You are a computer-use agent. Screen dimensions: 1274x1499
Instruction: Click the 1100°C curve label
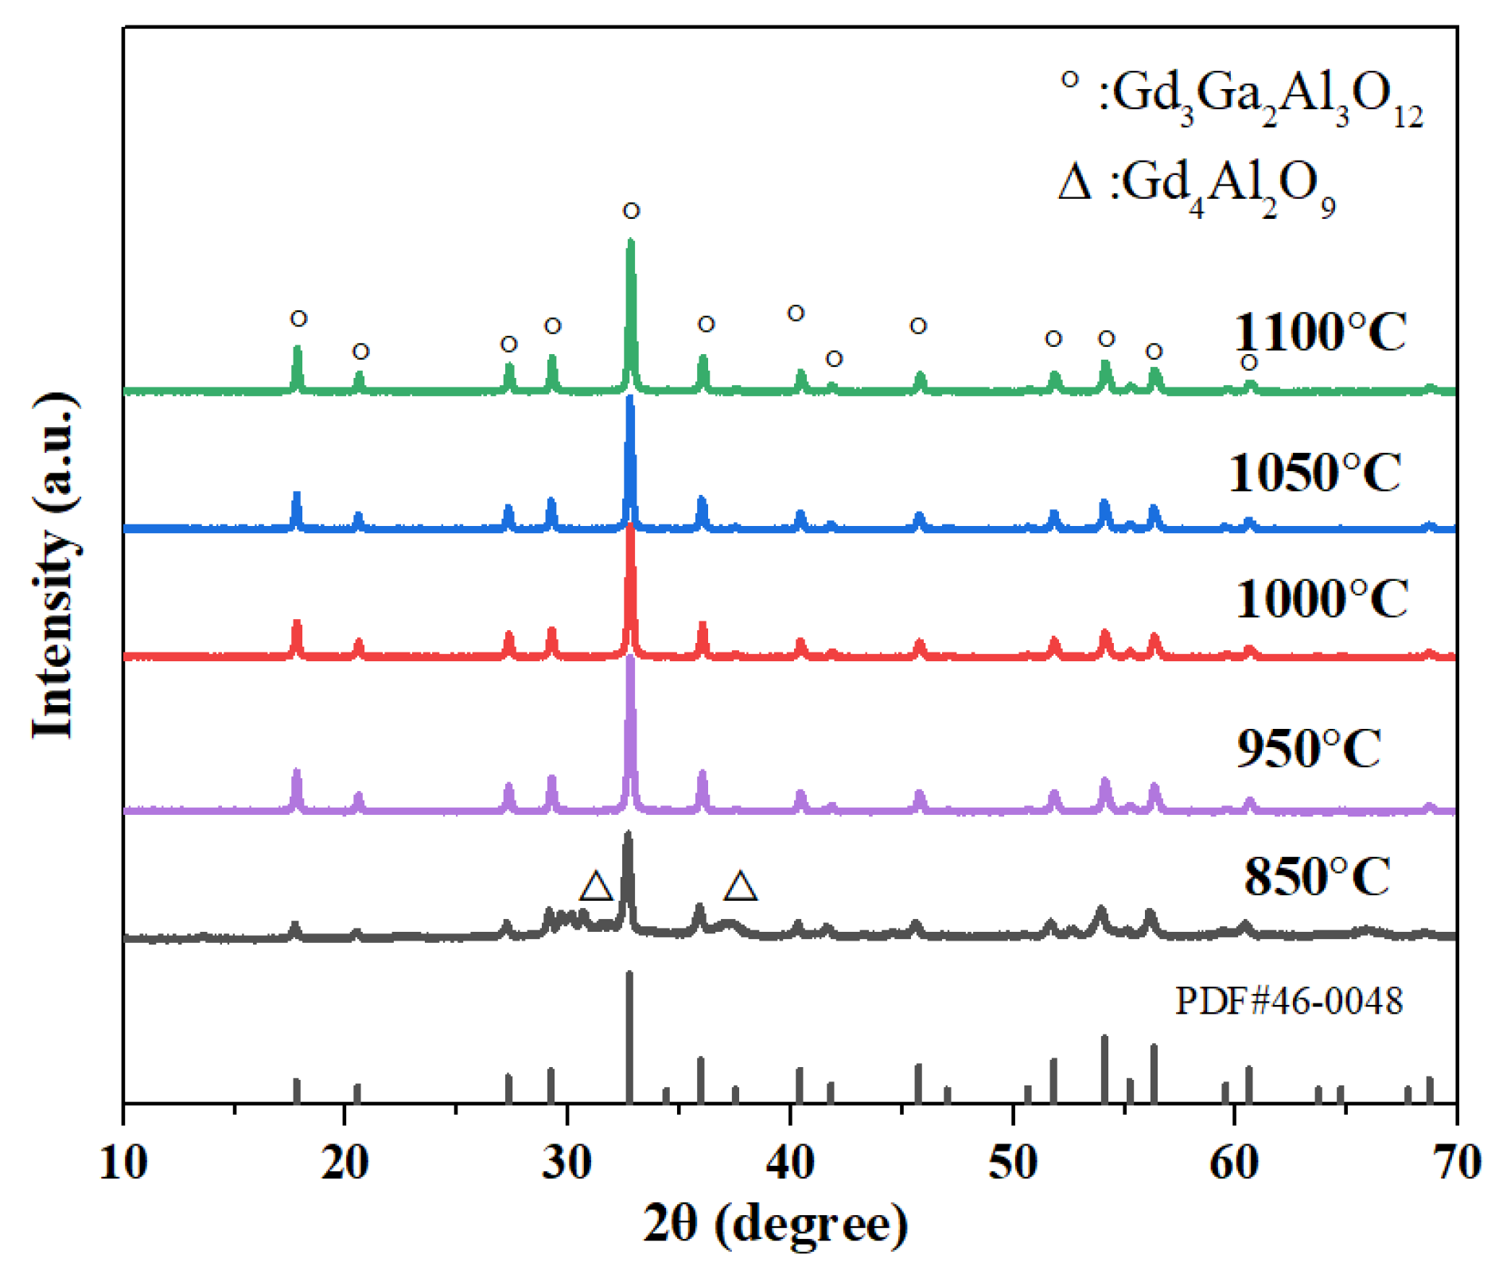1319,332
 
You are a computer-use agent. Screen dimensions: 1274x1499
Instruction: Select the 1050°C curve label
1314,473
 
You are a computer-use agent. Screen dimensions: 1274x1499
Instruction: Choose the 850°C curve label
1317,877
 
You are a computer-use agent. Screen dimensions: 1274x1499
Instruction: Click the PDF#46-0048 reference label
1288,1000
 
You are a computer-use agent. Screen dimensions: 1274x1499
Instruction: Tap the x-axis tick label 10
123,1163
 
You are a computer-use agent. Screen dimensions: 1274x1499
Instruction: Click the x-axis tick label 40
790,1163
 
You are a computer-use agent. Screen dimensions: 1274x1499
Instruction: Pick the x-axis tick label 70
1457,1163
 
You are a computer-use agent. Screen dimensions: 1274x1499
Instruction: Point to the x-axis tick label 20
345,1163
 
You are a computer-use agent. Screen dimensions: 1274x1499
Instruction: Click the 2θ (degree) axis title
775,1224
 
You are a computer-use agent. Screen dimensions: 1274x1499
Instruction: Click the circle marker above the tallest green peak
631,211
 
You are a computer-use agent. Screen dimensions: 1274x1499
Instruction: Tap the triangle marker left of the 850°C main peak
596,886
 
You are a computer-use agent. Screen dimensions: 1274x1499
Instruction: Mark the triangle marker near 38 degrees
740,886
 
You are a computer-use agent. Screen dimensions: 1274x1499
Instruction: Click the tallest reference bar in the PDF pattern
629,1034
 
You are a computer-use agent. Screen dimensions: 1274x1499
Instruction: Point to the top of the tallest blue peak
630,398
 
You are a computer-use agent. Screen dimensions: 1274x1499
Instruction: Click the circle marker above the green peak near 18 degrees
298,318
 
